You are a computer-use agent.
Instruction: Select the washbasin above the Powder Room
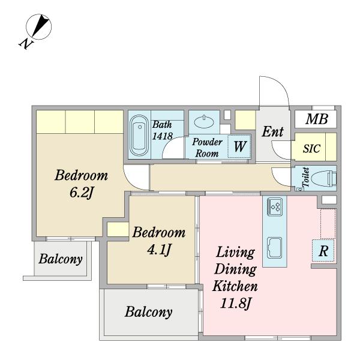[x=203, y=122]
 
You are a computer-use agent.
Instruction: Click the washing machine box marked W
[x=239, y=146]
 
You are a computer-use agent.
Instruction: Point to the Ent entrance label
[x=273, y=132]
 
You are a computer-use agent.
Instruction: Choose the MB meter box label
[x=317, y=119]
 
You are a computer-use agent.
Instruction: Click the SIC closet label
[x=311, y=148]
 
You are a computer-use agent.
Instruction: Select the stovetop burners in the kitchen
[x=275, y=206]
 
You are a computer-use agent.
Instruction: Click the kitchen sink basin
[x=275, y=247]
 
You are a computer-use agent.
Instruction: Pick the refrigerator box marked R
[x=323, y=251]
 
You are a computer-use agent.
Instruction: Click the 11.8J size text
[x=235, y=304]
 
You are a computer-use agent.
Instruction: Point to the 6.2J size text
[x=81, y=193]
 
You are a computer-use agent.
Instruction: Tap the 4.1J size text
[x=159, y=250]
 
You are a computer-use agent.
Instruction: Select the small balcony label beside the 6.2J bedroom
[x=61, y=259]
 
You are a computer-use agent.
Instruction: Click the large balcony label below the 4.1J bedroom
[x=149, y=312]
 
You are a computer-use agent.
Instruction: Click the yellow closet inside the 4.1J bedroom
[x=118, y=229]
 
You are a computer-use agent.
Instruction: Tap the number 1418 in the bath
[x=163, y=136]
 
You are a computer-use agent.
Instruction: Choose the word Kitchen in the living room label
[x=235, y=286]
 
